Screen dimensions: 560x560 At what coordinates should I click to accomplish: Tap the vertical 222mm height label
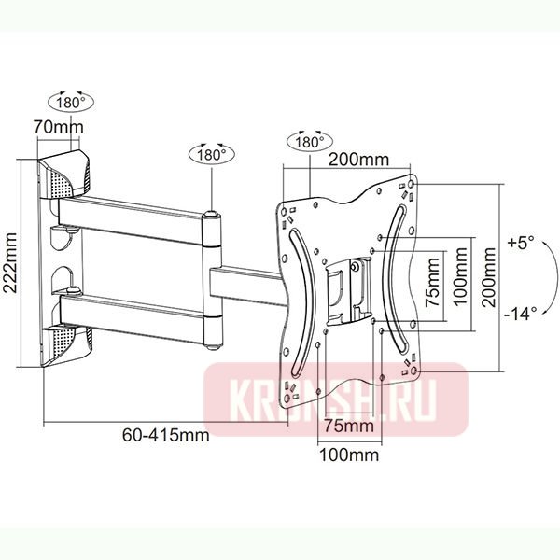[x=12, y=263]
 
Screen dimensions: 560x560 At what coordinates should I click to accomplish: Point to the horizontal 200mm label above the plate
[x=360, y=161]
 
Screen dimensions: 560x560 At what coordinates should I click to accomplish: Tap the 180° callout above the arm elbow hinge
[x=211, y=155]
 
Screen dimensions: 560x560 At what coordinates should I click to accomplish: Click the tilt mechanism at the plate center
[x=347, y=285]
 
